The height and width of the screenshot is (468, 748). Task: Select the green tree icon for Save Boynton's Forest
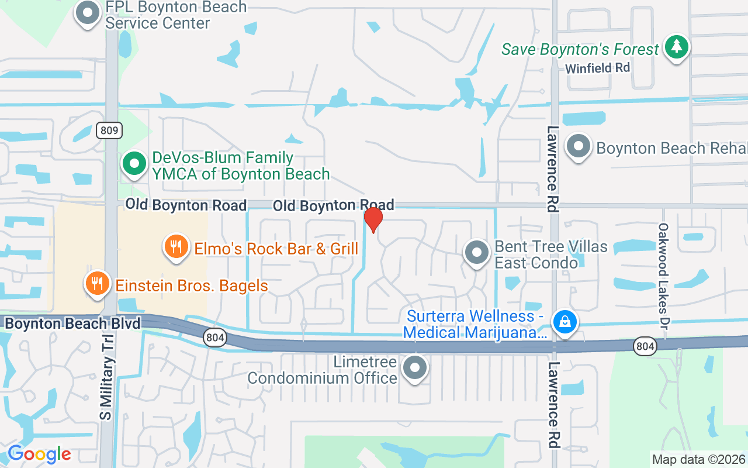click(677, 46)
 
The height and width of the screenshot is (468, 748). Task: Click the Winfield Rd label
click(597, 68)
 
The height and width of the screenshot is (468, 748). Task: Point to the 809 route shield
click(109, 130)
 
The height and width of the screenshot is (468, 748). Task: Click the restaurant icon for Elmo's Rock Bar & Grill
click(175, 246)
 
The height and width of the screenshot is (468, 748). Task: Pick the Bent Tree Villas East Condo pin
click(477, 252)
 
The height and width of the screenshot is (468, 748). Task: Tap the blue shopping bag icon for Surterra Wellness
click(565, 321)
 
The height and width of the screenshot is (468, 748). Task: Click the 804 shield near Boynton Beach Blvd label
click(214, 338)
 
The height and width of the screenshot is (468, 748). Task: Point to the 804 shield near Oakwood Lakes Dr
click(645, 347)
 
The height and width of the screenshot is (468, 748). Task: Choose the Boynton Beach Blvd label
click(72, 324)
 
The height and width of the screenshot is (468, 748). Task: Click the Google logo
click(39, 454)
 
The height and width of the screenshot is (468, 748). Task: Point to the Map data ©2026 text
click(698, 459)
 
